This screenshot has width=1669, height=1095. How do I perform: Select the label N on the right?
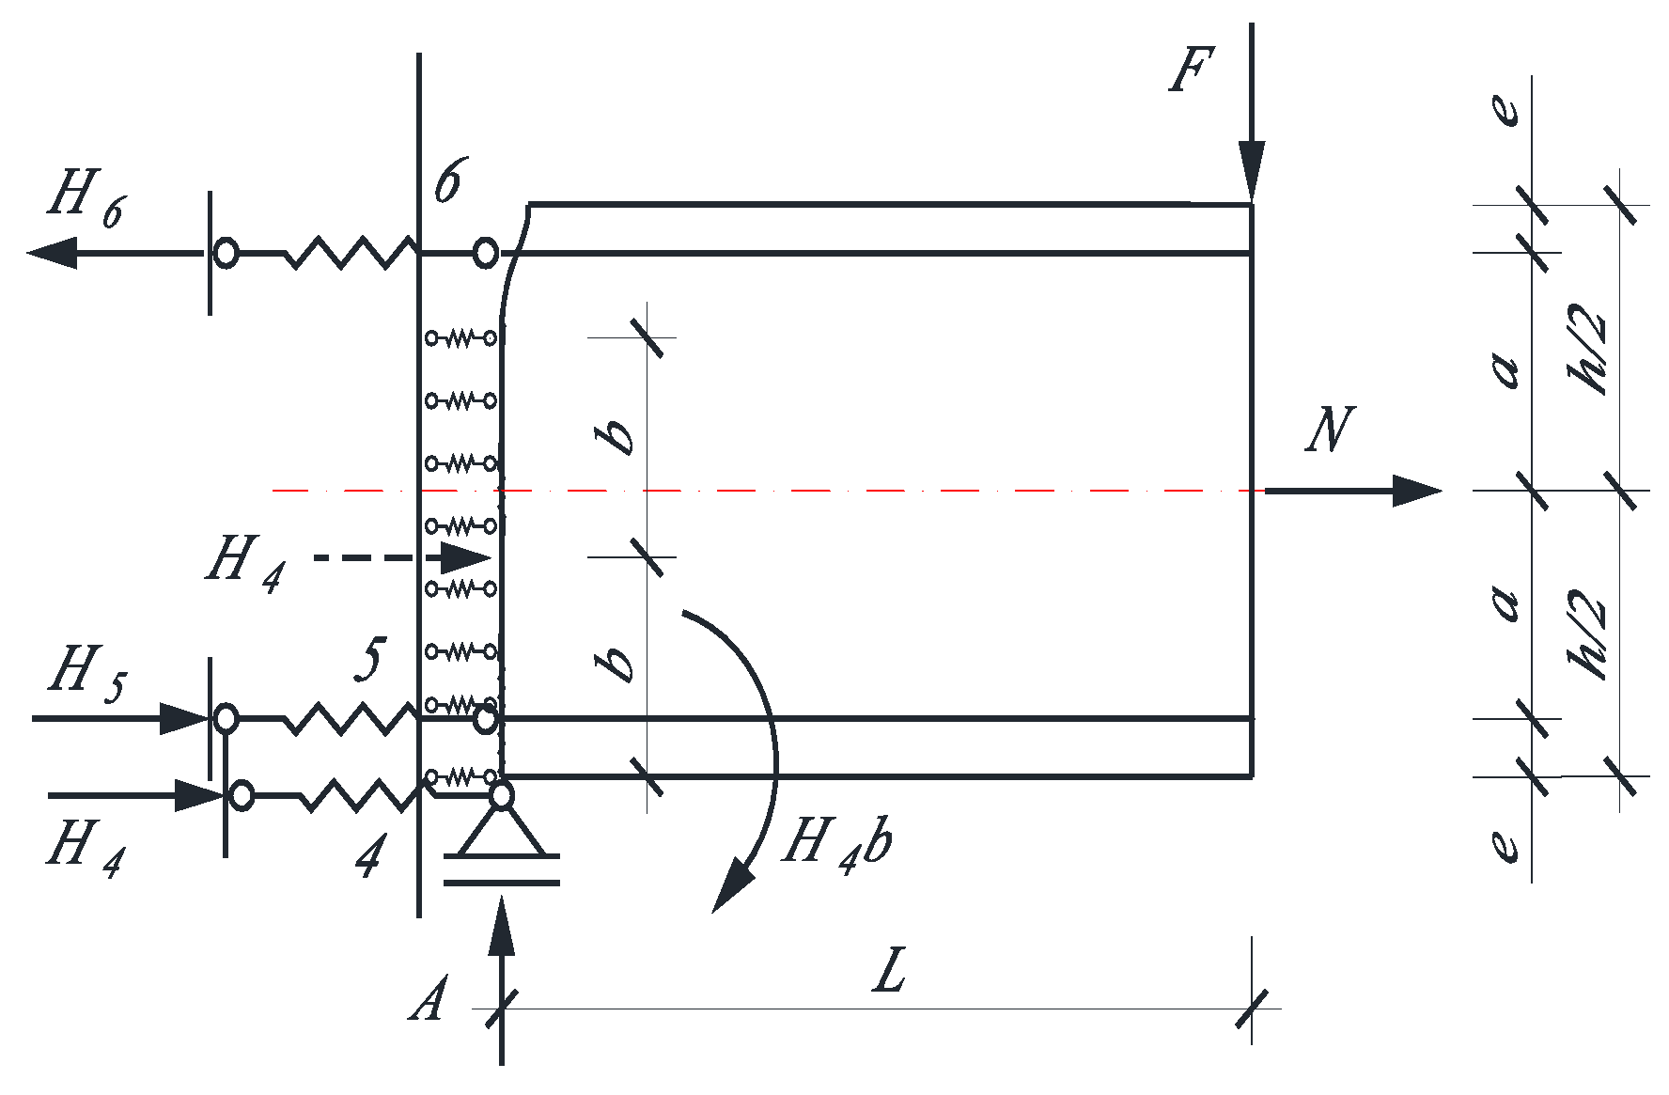tap(1330, 430)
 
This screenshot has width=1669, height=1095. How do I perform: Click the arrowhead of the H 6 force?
tap(52, 253)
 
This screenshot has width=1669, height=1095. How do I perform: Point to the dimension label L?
tap(889, 971)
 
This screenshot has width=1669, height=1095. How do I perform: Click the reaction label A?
tap(429, 999)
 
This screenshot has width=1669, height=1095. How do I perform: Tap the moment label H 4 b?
tap(836, 841)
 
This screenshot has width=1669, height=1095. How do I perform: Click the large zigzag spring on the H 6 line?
tap(350, 252)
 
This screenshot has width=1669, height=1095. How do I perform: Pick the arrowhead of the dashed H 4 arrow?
tap(465, 557)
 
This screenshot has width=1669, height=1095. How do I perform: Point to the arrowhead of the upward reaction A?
tap(502, 926)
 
